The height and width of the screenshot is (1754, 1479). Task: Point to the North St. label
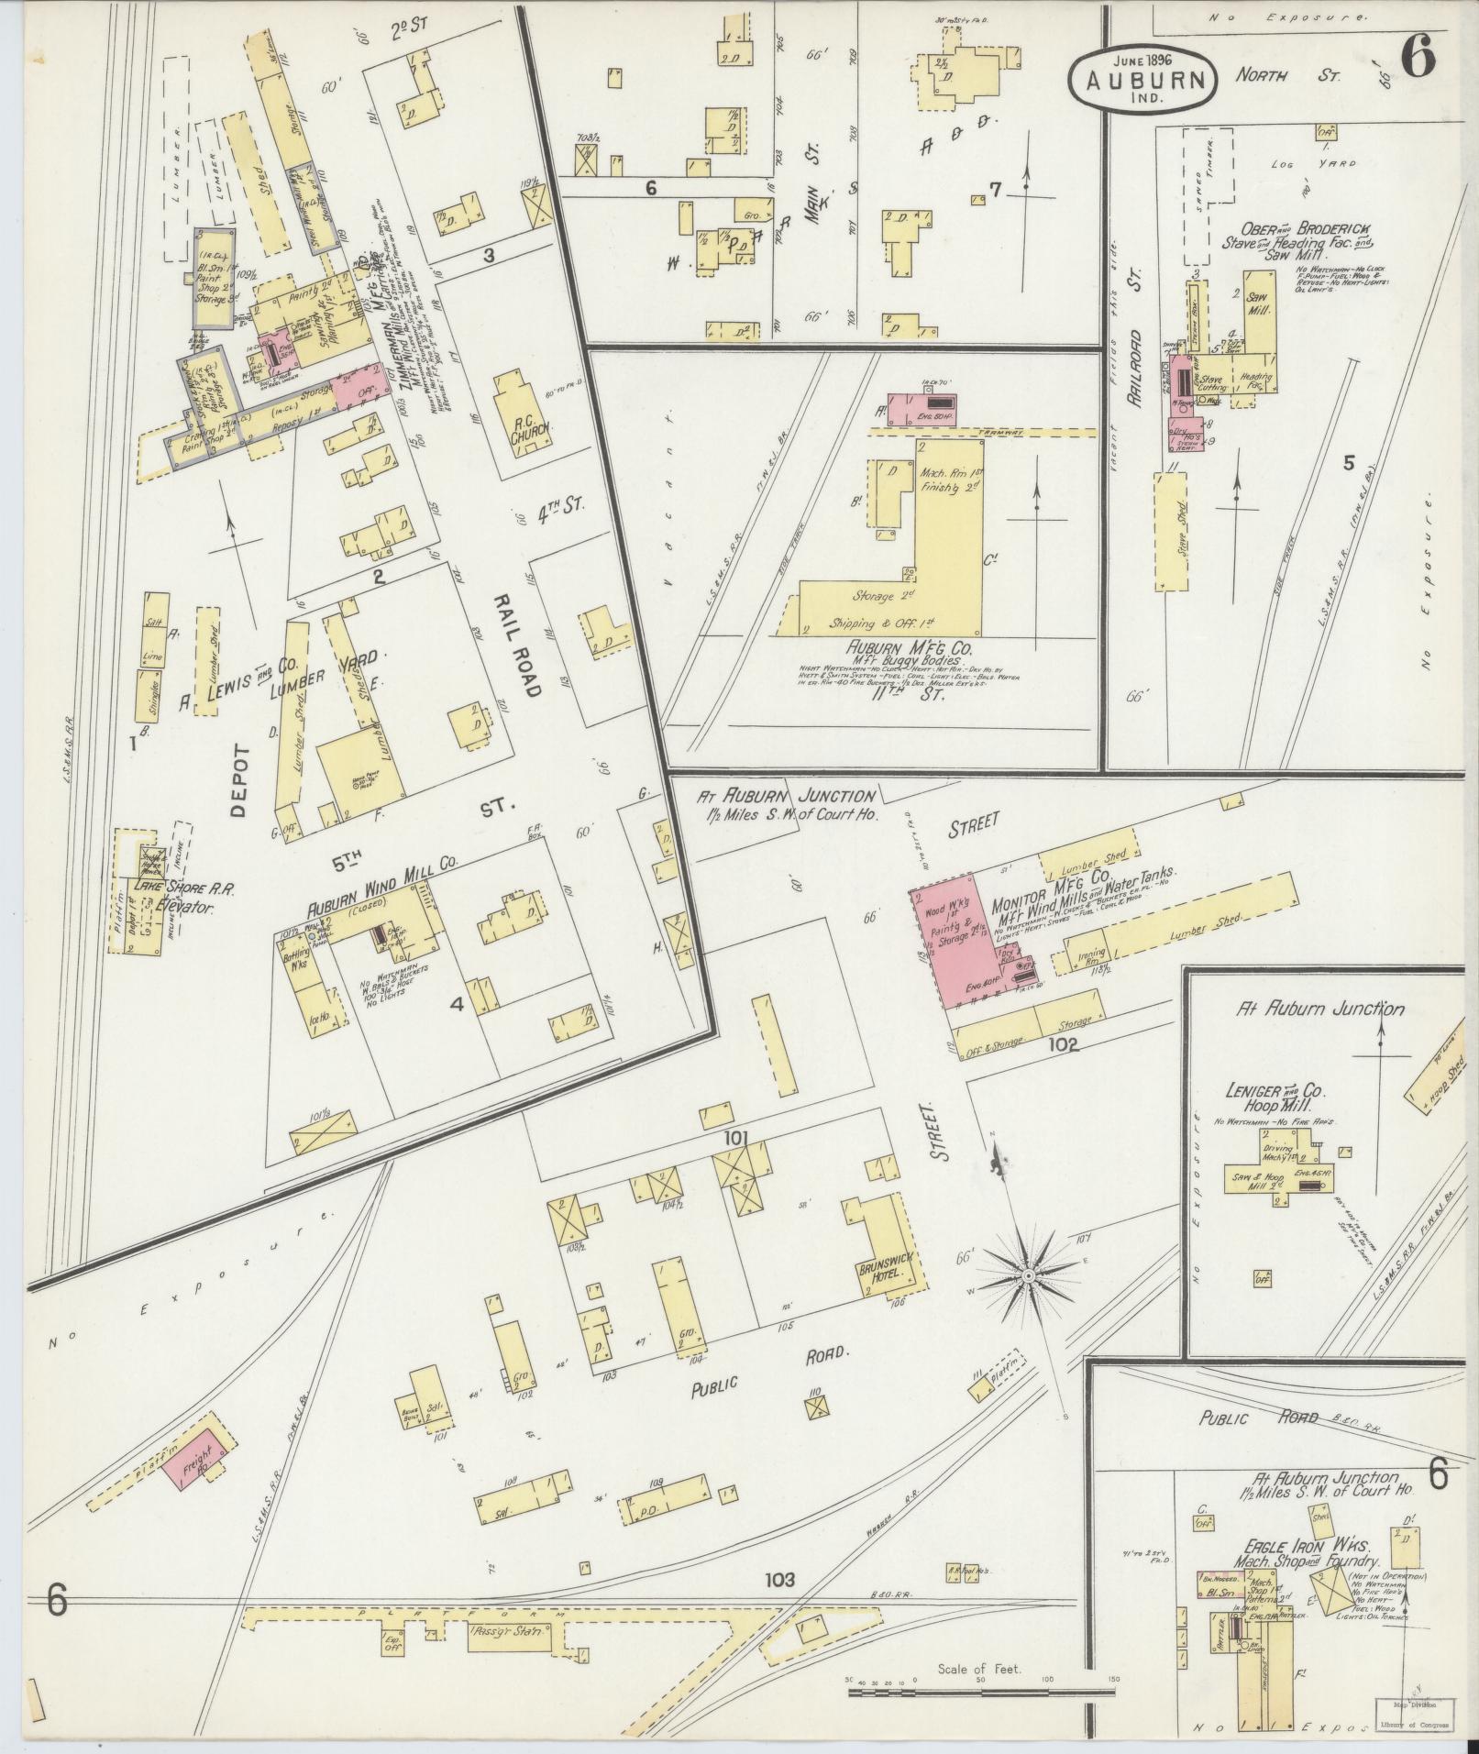click(1286, 73)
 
